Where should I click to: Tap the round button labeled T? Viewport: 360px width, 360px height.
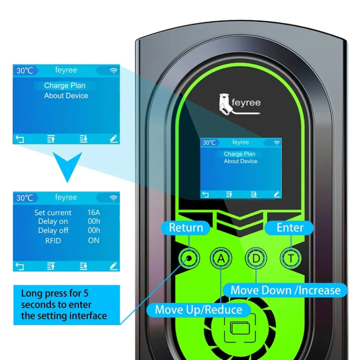point(290,258)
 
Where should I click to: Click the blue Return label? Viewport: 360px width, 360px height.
point(186,228)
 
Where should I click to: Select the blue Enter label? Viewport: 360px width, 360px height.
point(290,227)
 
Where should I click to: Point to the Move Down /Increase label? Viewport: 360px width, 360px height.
point(285,290)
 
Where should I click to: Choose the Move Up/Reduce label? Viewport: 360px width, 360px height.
point(198,309)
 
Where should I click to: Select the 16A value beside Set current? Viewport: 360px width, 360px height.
point(94,212)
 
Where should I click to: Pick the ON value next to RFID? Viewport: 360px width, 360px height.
point(94,240)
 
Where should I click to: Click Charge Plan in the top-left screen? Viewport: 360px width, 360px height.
point(65,85)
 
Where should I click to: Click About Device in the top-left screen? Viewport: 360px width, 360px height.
point(66,96)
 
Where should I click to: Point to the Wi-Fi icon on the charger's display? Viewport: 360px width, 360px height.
point(276,143)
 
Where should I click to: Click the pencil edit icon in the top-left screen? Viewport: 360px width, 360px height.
point(114,139)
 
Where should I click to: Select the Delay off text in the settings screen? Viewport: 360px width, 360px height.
point(53,231)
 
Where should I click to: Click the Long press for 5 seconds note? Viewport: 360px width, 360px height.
point(64,304)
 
